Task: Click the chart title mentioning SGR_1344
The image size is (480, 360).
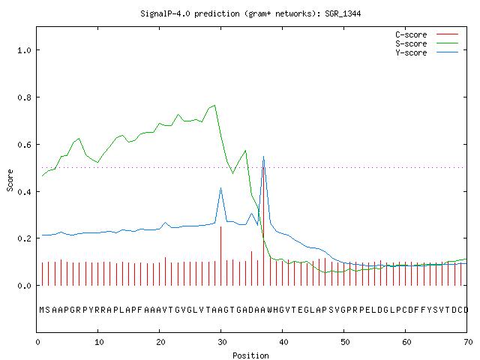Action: click(250, 13)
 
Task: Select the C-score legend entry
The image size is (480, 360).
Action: click(427, 34)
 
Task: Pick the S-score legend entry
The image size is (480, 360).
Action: click(427, 43)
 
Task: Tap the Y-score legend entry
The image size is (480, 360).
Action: click(427, 52)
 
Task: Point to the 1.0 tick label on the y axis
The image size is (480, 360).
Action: click(25, 50)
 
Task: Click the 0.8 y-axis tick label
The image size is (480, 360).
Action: click(25, 97)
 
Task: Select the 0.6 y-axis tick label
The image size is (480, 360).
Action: click(25, 145)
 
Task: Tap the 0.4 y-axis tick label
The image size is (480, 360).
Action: click(25, 192)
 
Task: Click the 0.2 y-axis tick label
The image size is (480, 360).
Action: click(25, 238)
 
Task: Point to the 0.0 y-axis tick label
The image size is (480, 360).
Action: click(25, 286)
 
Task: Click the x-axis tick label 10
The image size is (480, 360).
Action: click(99, 342)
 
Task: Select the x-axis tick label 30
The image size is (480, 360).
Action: click(222, 342)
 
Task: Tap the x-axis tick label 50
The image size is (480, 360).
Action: click(345, 342)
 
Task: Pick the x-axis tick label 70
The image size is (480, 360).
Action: click(468, 342)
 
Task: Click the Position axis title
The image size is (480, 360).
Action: click(250, 355)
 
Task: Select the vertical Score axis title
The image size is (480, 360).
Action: click(10, 180)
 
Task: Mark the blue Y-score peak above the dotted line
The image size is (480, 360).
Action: click(263, 157)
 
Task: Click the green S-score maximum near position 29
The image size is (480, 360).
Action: click(214, 105)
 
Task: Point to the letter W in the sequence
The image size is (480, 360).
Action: click(270, 310)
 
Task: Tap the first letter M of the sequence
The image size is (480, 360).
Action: click(42, 310)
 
